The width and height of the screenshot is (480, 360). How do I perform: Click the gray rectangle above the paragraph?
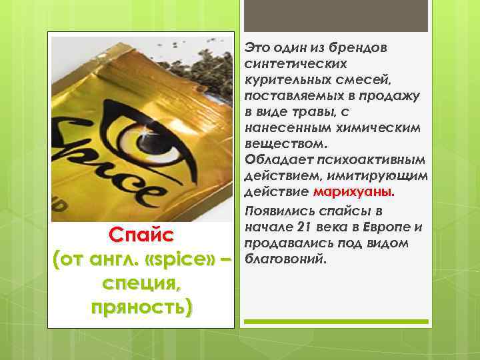click(333, 15)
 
